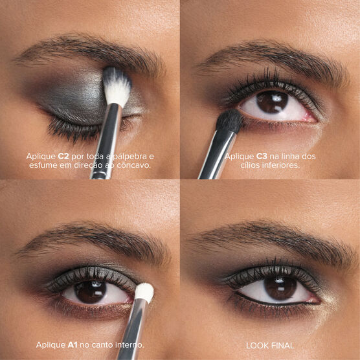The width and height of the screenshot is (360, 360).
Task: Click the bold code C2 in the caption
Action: point(63,156)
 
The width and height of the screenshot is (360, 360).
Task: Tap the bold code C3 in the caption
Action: point(262,156)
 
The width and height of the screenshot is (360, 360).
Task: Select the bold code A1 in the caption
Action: point(73,345)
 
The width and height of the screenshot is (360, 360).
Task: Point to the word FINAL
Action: point(283,346)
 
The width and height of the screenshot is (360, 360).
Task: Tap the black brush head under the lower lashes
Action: point(229,121)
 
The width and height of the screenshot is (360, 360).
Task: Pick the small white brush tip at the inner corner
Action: point(144,292)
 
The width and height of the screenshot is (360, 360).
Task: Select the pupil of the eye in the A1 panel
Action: point(90,291)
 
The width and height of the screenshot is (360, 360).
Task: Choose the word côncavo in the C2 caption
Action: point(133,165)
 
